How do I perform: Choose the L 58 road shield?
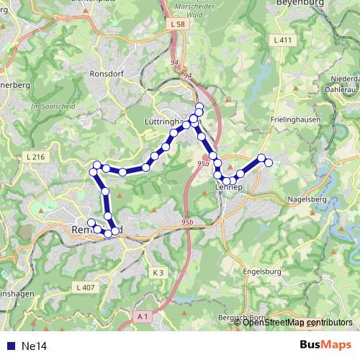click(179, 24)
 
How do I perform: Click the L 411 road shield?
click(284, 40)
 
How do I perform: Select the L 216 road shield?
click(35, 157)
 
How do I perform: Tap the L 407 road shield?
click(84, 287)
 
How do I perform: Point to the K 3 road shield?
click(159, 273)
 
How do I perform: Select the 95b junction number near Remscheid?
click(188, 222)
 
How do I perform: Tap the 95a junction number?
click(202, 164)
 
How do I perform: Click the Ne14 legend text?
click(35, 346)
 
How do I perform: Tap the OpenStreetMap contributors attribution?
click(297, 323)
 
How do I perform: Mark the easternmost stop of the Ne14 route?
click(269, 163)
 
